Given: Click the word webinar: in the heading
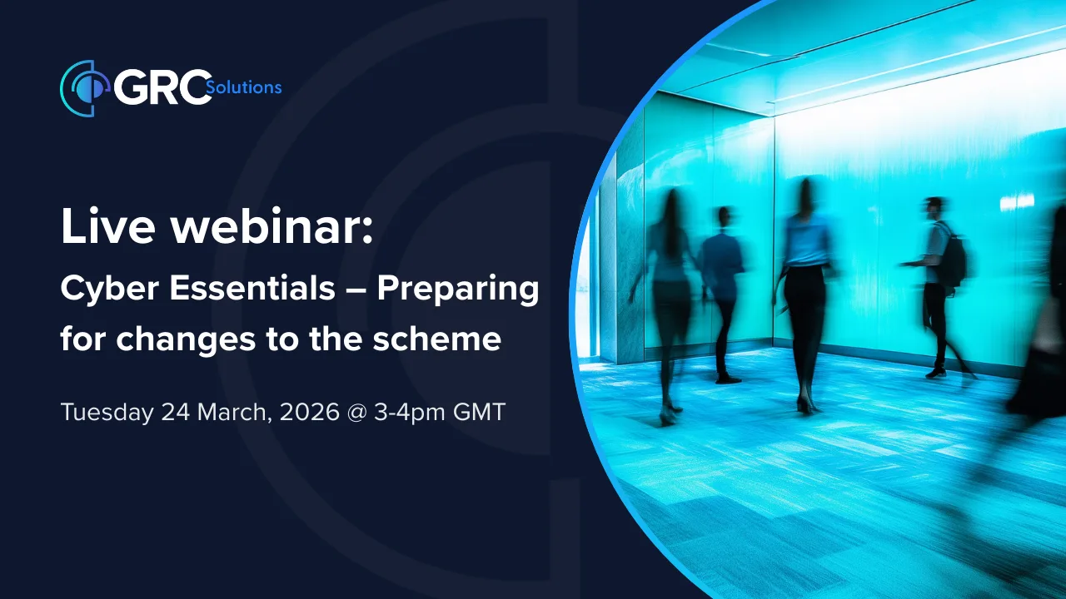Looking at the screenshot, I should coord(274,228).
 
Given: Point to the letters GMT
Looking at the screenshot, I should coord(479,412).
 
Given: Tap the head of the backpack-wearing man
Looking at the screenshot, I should coord(934,206).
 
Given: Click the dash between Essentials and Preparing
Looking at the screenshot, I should coord(353,291).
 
